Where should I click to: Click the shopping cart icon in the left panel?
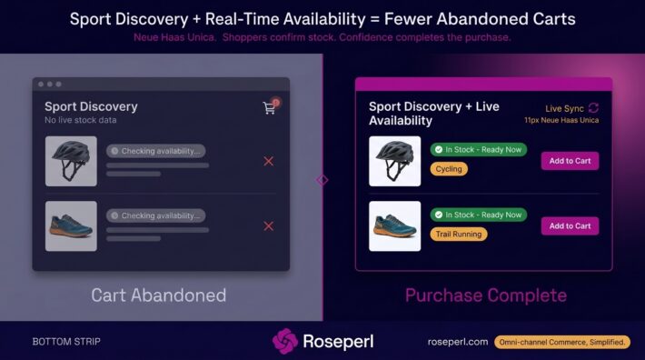[x=269, y=108]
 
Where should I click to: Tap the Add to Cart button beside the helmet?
[x=570, y=161]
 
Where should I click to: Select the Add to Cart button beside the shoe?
[x=570, y=225]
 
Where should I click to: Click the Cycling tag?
[x=449, y=169]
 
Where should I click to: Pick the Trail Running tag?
[x=459, y=235]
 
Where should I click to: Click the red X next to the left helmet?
[x=269, y=161]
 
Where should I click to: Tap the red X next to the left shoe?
[x=269, y=225]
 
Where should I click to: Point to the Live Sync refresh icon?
[x=593, y=108]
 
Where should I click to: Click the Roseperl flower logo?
[x=284, y=341]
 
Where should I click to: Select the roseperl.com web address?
[x=458, y=342]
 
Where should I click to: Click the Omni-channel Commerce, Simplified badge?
[x=562, y=342]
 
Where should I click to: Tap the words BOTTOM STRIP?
[x=66, y=342]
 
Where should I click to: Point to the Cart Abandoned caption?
[x=159, y=295]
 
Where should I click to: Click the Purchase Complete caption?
[x=486, y=295]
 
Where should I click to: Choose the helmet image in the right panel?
[x=395, y=161]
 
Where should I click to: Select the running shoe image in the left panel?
[x=71, y=225]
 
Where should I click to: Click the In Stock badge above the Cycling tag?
[x=479, y=150]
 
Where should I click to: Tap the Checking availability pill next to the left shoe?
[x=156, y=215]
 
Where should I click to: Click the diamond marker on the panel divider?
[x=322, y=180]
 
